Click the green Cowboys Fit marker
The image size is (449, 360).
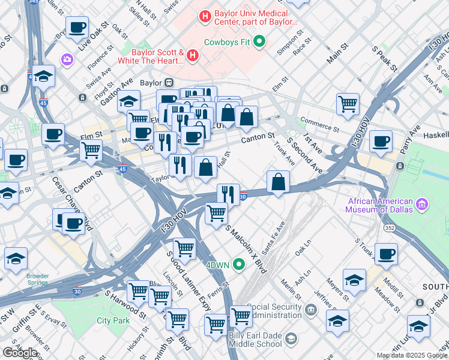[259, 41]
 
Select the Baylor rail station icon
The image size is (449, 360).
[170, 83]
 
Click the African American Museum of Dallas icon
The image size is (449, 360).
[422, 205]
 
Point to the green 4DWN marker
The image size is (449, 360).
[240, 264]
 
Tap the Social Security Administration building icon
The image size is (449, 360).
[310, 310]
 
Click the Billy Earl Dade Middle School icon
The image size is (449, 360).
[291, 339]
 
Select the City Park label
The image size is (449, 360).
[113, 320]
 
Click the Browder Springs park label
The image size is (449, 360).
[37, 280]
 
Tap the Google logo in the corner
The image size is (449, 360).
[19, 352]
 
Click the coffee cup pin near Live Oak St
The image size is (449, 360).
[77, 28]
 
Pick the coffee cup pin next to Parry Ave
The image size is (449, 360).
[381, 142]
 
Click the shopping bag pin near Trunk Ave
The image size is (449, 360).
[279, 182]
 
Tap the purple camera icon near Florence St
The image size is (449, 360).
[67, 59]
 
